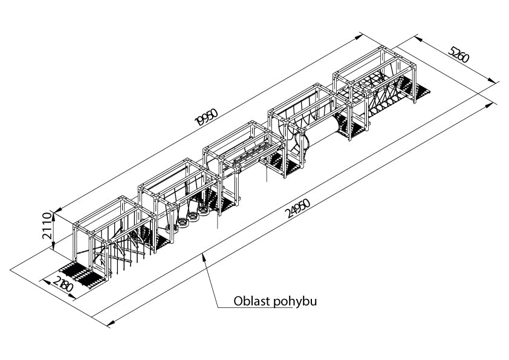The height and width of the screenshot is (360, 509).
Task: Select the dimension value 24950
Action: point(297,208)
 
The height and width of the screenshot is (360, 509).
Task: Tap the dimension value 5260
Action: point(459,54)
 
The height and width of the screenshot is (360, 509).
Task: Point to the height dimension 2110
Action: point(47,226)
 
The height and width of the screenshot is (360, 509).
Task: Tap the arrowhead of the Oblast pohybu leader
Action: point(204,257)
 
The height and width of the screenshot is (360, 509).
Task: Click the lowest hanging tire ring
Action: point(172,229)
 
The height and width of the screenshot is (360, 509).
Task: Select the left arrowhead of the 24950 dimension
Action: point(111,322)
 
